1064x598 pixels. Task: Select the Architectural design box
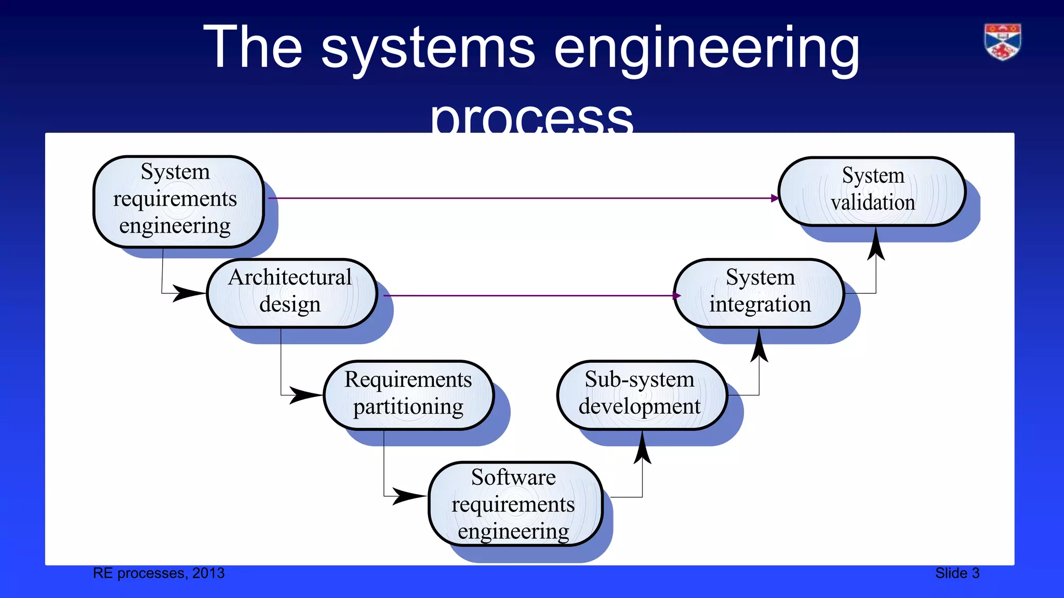(x=291, y=293)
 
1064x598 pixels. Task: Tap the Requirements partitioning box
(x=408, y=395)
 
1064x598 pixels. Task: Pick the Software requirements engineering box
(x=514, y=503)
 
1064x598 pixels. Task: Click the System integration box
(x=759, y=293)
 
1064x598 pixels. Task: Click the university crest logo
(x=1002, y=42)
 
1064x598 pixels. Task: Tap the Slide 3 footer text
(x=957, y=573)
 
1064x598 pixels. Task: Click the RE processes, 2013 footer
(x=158, y=573)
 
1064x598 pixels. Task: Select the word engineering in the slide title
(x=707, y=49)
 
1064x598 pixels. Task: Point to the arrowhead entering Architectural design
(x=188, y=293)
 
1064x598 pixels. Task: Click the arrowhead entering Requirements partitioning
(x=305, y=395)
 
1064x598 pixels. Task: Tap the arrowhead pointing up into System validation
(x=876, y=245)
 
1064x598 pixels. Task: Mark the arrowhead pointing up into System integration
(x=759, y=347)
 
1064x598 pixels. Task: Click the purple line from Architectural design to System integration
(x=530, y=296)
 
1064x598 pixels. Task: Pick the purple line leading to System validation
(x=520, y=198)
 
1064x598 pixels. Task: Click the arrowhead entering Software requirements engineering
(x=408, y=496)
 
